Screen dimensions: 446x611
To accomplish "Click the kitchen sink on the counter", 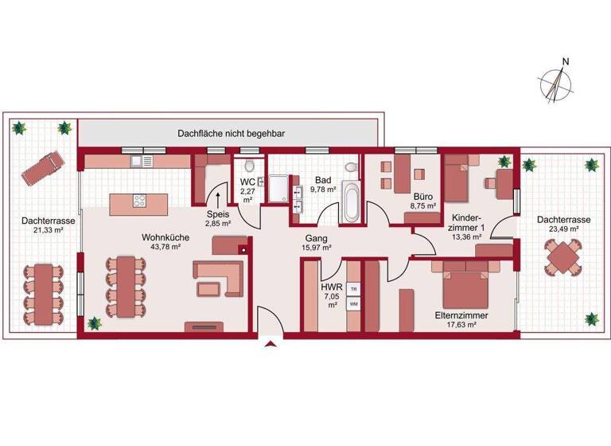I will [142, 161].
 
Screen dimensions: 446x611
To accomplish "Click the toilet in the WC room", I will [251, 166].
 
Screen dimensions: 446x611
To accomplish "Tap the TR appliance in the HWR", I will [353, 288].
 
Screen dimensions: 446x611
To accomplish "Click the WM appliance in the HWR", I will [353, 304].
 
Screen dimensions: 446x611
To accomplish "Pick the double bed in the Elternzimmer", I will [465, 290].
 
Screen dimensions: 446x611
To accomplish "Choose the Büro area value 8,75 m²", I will [422, 206].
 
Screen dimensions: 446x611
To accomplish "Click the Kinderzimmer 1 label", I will [465, 221].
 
